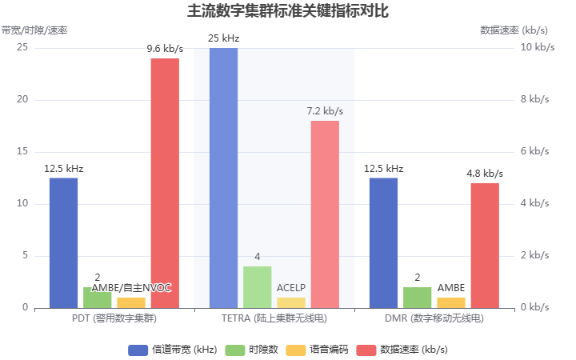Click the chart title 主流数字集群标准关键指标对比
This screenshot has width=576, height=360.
288,11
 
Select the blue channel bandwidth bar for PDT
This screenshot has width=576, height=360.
63,242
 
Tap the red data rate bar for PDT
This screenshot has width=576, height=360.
165,183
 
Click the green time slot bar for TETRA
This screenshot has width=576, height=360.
258,287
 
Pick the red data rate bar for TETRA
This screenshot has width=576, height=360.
325,214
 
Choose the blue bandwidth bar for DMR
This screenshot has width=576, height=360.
383,242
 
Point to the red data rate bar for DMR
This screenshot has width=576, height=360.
485,246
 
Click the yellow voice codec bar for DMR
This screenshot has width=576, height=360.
451,302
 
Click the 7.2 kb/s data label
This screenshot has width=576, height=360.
325,111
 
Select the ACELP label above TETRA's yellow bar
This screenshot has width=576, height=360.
291,287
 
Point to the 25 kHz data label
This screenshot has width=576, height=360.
223,38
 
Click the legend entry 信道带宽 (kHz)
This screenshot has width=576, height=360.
172,350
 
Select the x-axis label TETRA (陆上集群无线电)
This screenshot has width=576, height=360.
274,318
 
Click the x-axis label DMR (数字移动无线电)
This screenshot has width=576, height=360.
434,318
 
